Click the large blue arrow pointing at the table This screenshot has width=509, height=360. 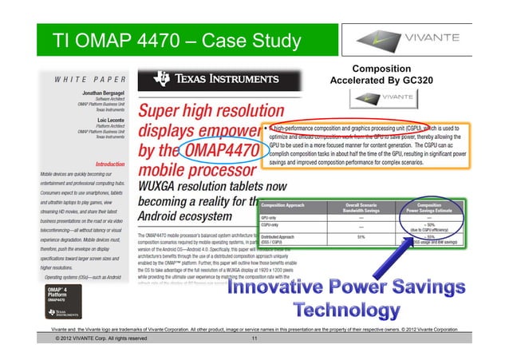click(428, 255)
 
